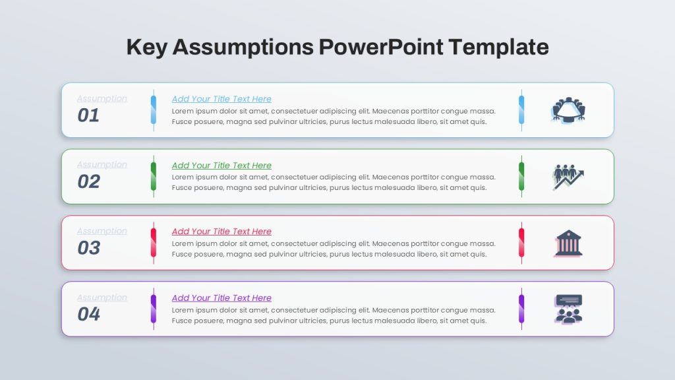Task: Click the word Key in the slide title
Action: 146,47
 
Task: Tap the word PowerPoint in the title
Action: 381,47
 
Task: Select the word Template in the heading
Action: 498,47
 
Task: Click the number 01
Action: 88,115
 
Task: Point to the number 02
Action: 89,181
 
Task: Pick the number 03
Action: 89,248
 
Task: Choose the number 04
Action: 89,314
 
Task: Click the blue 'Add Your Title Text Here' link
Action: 221,99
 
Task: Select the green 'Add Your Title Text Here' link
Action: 221,166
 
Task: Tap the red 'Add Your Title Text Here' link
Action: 221,232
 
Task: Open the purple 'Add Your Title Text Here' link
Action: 221,298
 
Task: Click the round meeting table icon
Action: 568,110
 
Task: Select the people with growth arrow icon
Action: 568,177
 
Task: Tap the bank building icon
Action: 568,243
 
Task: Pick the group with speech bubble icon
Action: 568,309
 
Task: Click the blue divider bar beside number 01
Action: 153,110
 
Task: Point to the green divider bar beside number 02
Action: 153,177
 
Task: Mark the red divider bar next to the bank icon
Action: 521,243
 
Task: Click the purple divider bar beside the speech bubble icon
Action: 521,309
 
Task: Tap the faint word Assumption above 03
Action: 102,232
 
